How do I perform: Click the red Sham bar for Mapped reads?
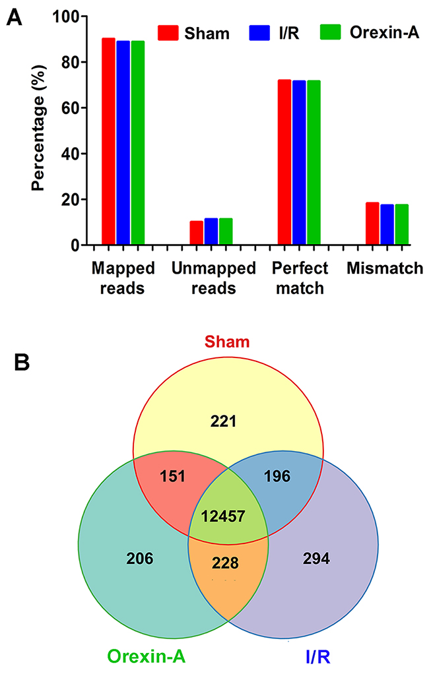coord(109,141)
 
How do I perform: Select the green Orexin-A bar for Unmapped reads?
coord(226,231)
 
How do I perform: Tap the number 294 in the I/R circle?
coord(317,559)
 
